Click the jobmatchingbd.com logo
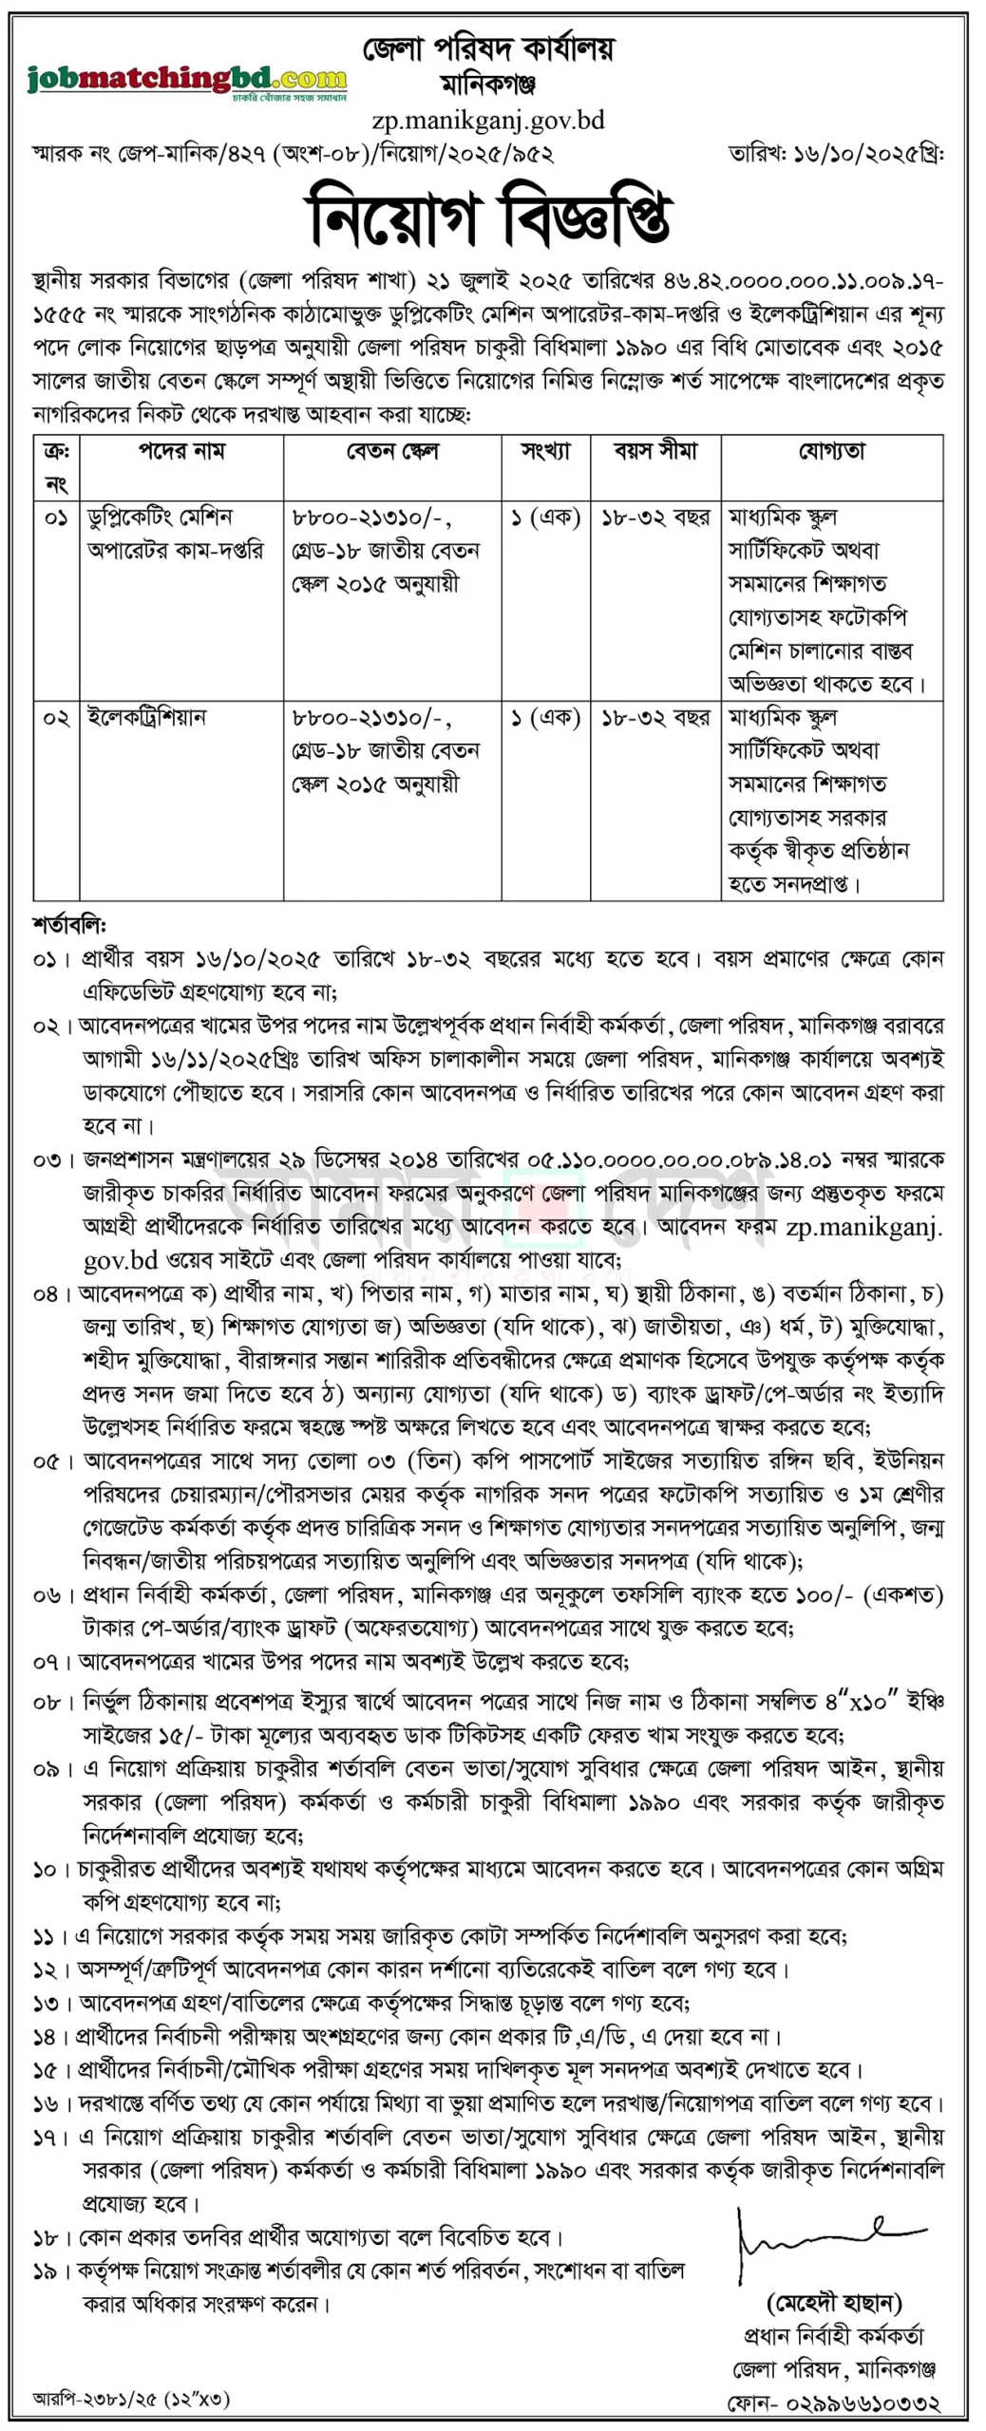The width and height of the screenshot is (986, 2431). [187, 80]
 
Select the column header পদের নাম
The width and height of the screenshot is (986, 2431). [181, 451]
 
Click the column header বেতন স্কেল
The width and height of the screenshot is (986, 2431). [391, 451]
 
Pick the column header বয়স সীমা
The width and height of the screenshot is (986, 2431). [655, 451]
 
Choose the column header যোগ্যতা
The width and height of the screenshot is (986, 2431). [831, 451]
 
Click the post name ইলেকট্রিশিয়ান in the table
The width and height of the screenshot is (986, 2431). [147, 717]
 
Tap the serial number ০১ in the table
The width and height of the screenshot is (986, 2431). [56, 518]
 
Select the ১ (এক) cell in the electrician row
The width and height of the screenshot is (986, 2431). [545, 718]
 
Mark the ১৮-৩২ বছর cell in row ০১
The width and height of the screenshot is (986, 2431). [655, 518]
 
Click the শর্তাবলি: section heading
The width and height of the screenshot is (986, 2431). [69, 924]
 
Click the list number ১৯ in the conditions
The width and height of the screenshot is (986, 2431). [46, 2271]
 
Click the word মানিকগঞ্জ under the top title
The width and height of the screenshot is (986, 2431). [488, 85]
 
